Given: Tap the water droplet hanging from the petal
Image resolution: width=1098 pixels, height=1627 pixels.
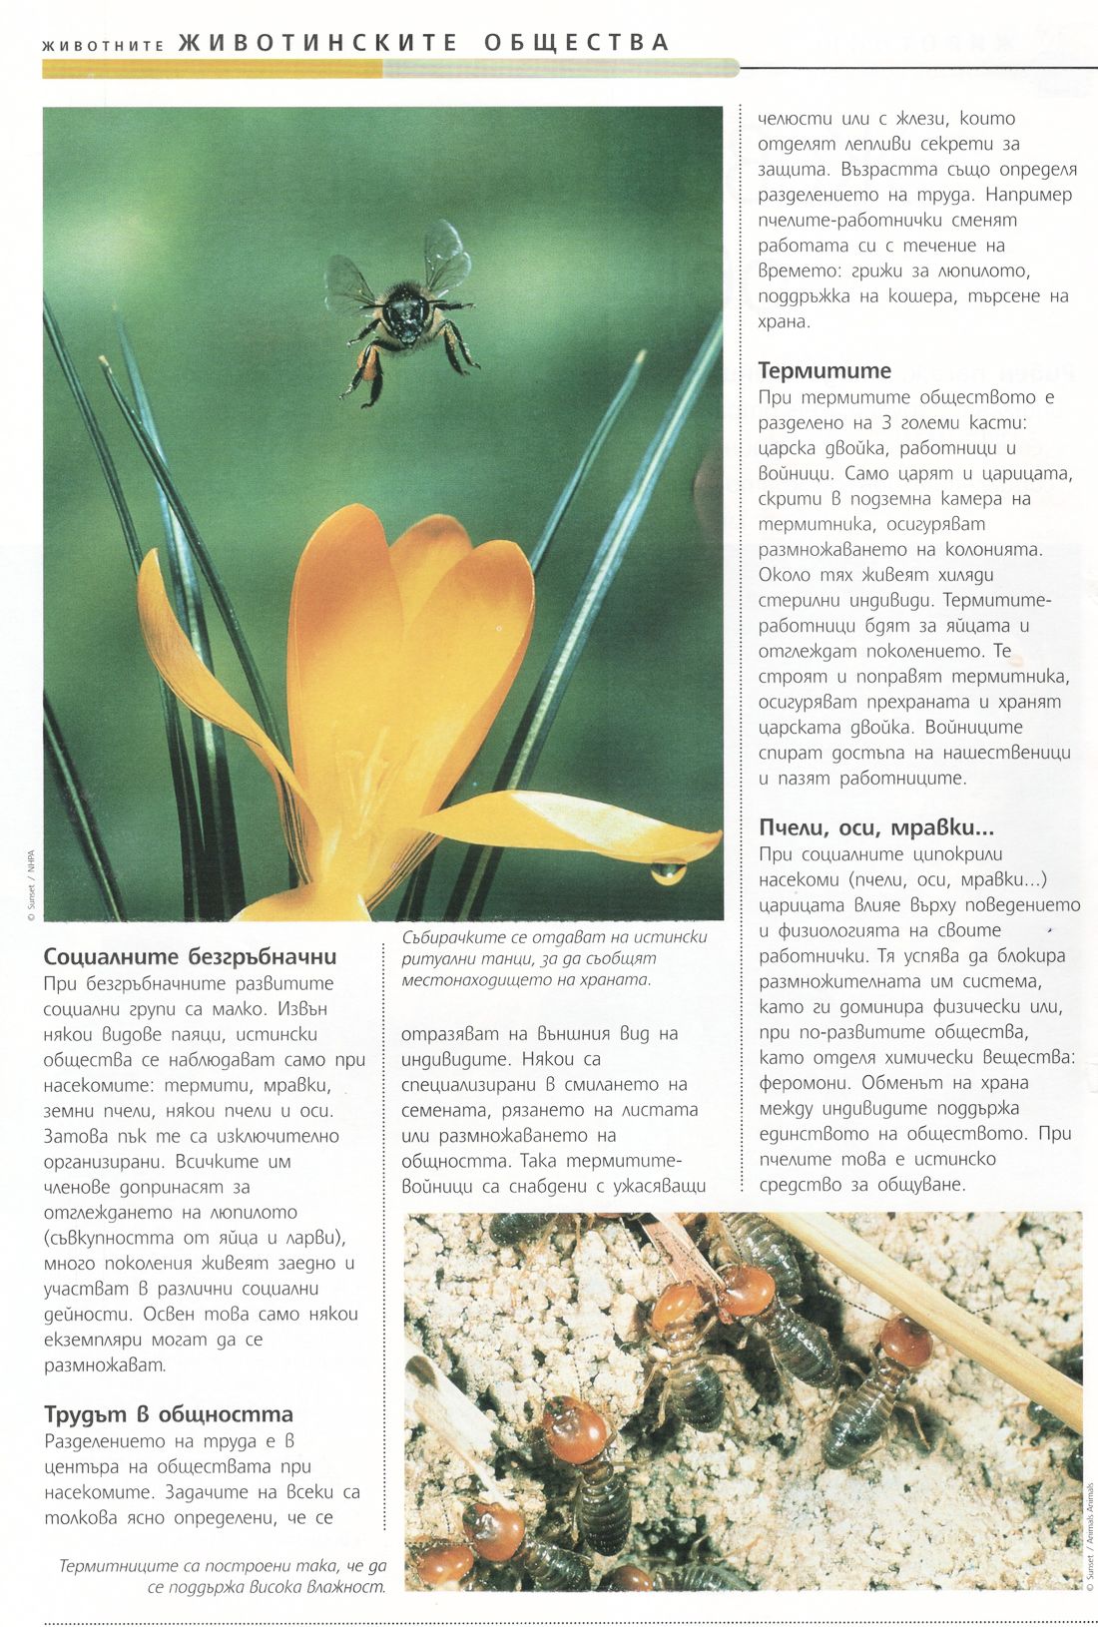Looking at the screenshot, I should pyautogui.click(x=667, y=873).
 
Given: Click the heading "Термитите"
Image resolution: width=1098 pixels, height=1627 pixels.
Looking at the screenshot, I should pyautogui.click(x=824, y=370).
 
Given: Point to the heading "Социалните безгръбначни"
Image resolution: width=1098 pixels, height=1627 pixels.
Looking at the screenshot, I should pyautogui.click(x=190, y=956).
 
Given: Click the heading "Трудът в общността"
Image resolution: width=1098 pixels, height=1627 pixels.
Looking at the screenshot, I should pyautogui.click(x=169, y=1414).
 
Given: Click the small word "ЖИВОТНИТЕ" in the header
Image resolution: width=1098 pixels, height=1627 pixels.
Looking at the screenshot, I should pyautogui.click(x=103, y=45).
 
